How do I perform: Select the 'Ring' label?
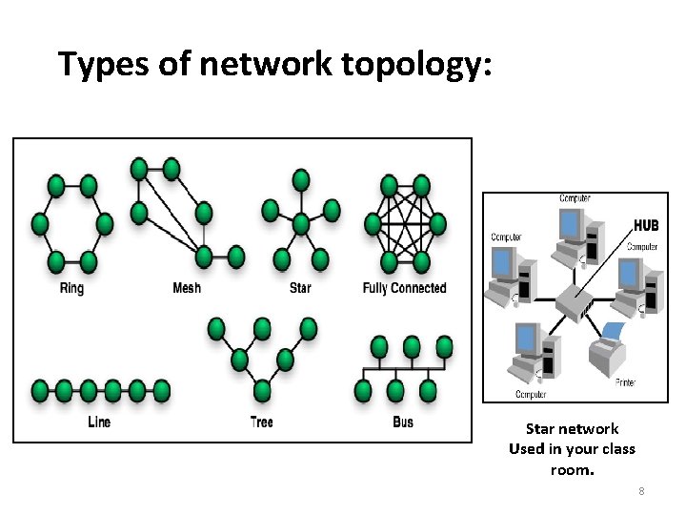click(71, 288)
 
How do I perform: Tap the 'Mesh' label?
click(187, 288)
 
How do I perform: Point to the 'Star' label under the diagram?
click(300, 288)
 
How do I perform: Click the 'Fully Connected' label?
click(404, 288)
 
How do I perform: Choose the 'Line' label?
click(99, 422)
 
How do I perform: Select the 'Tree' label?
click(262, 422)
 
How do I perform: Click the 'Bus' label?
click(403, 422)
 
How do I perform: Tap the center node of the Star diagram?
click(301, 224)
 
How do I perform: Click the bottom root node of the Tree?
click(262, 391)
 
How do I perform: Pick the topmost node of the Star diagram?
click(301, 178)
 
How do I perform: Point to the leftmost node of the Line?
click(40, 390)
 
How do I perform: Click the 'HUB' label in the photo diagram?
click(645, 225)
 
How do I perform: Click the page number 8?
click(641, 491)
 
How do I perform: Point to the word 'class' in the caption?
click(615, 449)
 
